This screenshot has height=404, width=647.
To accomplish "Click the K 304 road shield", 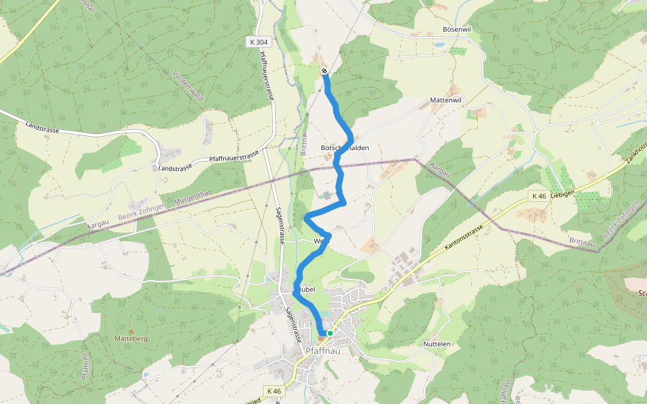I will [258, 42].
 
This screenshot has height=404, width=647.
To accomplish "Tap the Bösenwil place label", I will [456, 30].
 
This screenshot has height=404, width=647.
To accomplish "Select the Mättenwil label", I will [445, 100].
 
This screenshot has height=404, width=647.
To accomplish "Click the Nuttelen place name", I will [437, 344].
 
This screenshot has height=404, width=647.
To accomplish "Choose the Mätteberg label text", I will [131, 338].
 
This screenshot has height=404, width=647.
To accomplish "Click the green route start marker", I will [330, 333].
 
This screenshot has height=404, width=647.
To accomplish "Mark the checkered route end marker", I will [324, 71].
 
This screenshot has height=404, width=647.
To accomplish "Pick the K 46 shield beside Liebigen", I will [538, 196].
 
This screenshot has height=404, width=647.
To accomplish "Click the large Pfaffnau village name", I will [323, 350].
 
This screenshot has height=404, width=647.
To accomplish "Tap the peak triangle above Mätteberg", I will [131, 331].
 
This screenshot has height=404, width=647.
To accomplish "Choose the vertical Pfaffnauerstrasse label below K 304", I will [266, 76].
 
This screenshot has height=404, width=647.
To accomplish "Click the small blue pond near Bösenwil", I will [439, 44].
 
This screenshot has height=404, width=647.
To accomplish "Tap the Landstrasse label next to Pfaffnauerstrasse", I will [175, 166].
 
